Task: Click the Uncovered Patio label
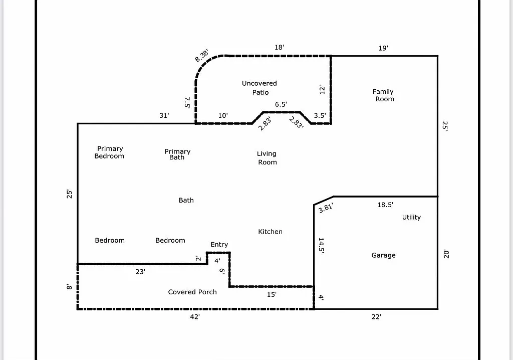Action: [259, 88]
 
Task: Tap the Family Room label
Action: [383, 95]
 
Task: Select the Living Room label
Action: [267, 158]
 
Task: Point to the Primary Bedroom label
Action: [110, 152]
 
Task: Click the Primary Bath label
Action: [177, 154]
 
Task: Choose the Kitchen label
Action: [270, 232]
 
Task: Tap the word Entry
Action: [219, 245]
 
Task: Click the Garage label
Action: [383, 255]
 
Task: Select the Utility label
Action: [411, 217]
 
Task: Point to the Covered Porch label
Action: [192, 292]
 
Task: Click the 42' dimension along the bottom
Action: [195, 317]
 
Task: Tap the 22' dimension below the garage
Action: [376, 317]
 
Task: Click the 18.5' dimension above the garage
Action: [385, 205]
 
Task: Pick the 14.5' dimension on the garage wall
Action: [321, 246]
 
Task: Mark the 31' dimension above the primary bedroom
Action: [164, 115]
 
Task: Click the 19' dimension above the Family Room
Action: [383, 48]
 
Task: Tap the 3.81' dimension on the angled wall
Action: [326, 208]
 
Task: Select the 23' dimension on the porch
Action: [140, 272]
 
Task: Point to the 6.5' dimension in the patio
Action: [281, 104]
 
